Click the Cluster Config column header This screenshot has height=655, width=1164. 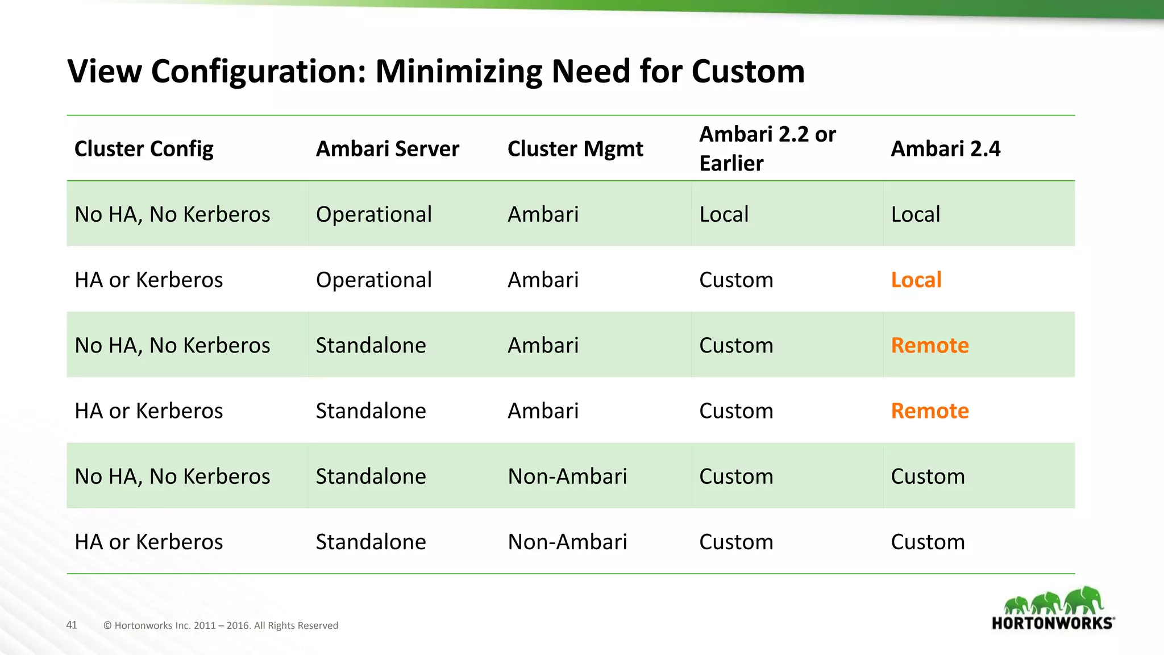click(x=144, y=149)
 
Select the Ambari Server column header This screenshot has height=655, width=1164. click(x=387, y=149)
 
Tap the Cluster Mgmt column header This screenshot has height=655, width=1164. click(x=575, y=149)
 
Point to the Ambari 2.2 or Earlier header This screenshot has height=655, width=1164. click(x=767, y=149)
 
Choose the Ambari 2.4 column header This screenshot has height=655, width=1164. click(x=945, y=149)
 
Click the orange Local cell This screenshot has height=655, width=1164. click(x=916, y=280)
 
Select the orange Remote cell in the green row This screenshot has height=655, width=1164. click(x=929, y=345)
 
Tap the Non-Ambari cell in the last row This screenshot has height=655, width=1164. click(x=567, y=542)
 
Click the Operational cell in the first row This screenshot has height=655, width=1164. click(x=373, y=214)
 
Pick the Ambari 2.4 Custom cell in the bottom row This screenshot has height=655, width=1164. click(x=928, y=542)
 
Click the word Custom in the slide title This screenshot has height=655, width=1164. click(x=748, y=72)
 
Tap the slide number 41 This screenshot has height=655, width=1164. click(x=72, y=625)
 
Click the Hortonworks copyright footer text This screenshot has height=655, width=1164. click(x=221, y=625)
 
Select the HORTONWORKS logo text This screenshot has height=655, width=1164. click(x=1052, y=623)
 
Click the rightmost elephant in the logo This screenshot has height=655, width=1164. click(x=1084, y=600)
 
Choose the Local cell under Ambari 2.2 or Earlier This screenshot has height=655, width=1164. click(x=724, y=214)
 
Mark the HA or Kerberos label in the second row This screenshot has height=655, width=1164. click(x=148, y=280)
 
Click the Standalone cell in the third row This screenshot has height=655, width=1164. click(x=371, y=345)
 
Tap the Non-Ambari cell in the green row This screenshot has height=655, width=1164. click(x=567, y=476)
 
